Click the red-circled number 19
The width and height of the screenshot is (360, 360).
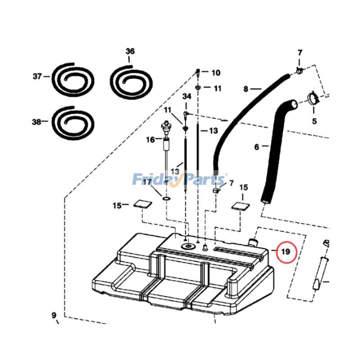(285, 252)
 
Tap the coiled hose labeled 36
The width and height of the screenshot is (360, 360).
(131, 81)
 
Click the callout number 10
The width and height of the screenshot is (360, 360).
(216, 72)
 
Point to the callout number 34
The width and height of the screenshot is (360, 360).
(187, 97)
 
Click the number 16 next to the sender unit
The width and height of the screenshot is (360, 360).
(150, 140)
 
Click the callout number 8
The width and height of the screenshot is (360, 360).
(246, 89)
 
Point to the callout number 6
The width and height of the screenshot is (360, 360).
(256, 147)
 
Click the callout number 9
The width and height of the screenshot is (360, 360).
(54, 315)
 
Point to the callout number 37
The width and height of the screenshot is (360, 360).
(37, 76)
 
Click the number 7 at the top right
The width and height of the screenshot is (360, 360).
(300, 54)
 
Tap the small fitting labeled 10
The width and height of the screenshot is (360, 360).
(198, 72)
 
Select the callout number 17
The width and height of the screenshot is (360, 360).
(147, 182)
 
